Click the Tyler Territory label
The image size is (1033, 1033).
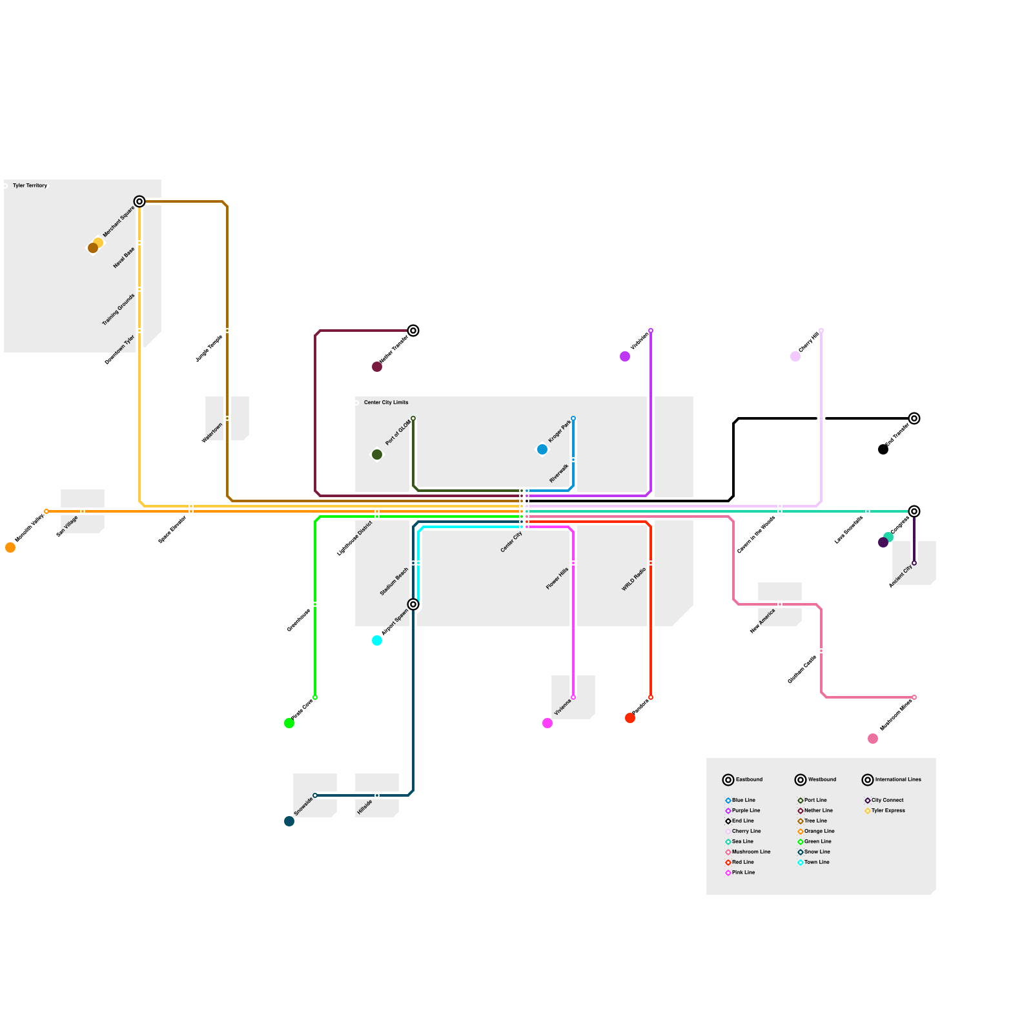point(30,186)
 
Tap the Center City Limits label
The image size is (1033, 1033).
point(386,403)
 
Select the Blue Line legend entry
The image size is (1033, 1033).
point(743,801)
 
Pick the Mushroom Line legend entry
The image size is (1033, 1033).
point(751,852)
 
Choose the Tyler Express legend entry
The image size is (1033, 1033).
point(888,811)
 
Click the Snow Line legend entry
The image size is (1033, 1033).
point(817,852)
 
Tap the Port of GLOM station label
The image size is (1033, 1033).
point(398,433)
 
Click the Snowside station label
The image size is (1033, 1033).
point(303,806)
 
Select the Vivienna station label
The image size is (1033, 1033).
point(562,708)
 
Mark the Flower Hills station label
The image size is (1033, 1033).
point(557,578)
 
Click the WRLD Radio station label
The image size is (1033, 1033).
point(633,580)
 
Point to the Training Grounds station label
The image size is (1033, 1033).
point(119,310)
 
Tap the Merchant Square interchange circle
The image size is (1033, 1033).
point(139,201)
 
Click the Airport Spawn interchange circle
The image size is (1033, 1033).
point(413,604)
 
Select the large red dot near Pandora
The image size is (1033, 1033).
point(630,718)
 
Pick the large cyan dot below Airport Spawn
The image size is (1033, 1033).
point(377,640)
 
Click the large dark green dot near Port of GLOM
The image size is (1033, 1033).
point(377,455)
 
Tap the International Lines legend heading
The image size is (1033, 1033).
point(897,780)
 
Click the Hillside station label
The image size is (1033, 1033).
point(365,807)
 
